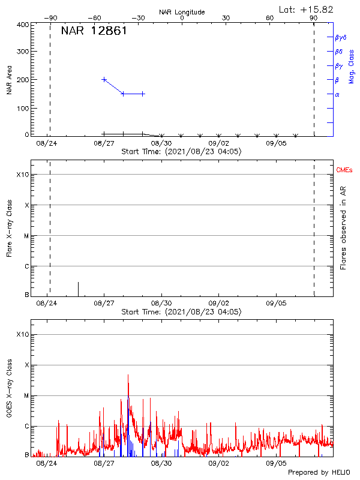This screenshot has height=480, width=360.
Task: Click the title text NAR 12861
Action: (94, 31)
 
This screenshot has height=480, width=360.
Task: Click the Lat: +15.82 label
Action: (307, 9)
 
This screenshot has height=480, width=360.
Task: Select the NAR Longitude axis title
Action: (182, 12)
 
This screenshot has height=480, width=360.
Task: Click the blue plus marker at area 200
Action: (104, 79)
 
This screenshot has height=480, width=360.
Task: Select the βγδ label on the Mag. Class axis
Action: (341, 37)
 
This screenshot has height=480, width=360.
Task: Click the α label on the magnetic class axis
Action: (337, 94)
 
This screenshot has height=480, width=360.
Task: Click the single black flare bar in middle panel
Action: (78, 289)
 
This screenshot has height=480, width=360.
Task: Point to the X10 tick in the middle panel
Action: (22, 175)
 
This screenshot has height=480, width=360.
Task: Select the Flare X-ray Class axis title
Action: (9, 229)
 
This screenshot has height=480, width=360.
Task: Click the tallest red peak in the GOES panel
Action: (128, 376)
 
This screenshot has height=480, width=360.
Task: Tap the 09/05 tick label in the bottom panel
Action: (276, 463)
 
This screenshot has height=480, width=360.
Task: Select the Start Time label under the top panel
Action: (181, 152)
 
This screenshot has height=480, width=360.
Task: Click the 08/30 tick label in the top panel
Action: (161, 144)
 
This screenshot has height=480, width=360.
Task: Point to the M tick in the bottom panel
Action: (25, 395)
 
